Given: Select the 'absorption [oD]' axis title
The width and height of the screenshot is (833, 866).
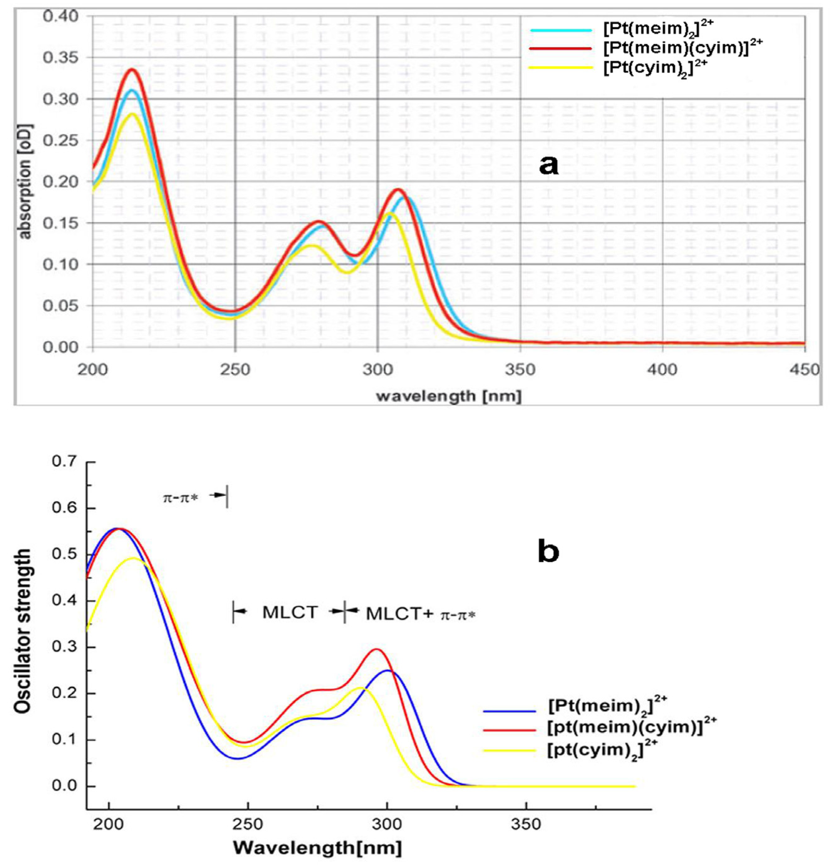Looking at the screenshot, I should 26,182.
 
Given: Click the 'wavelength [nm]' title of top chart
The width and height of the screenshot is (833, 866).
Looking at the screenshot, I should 449,395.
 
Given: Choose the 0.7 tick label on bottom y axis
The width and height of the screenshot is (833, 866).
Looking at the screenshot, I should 64,462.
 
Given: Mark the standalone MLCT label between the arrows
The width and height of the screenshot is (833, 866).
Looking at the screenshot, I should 290,612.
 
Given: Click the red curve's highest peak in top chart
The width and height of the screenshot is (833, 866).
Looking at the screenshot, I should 131,70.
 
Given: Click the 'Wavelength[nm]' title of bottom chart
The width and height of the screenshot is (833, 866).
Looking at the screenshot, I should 317,848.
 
